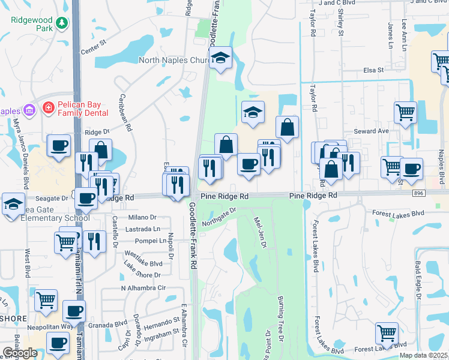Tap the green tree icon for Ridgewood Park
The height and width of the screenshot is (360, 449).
click(x=61, y=23)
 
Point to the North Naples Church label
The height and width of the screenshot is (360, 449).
click(x=173, y=60)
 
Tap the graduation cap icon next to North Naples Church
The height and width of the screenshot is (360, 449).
click(x=221, y=58)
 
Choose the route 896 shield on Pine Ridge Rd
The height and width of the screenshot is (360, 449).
click(x=418, y=193)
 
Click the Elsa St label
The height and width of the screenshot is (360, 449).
click(x=373, y=70)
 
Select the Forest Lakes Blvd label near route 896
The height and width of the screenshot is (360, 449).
click(x=397, y=213)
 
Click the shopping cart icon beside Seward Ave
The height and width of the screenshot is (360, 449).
click(x=405, y=112)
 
